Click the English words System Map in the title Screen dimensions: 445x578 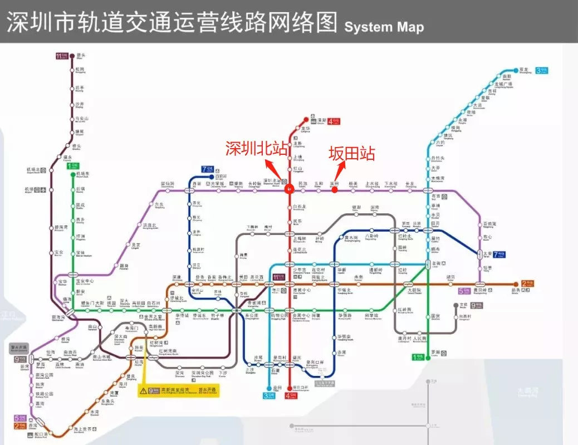click(x=384, y=27)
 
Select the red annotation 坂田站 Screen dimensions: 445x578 click(x=351, y=154)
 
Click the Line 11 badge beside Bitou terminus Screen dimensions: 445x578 click(x=61, y=56)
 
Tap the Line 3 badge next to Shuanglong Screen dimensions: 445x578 click(x=541, y=71)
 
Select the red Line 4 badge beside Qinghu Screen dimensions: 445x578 click(x=334, y=121)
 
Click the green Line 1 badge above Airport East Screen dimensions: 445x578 click(x=73, y=165)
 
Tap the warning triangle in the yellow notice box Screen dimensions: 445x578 click(x=143, y=390)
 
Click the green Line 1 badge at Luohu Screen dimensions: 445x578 click(x=417, y=356)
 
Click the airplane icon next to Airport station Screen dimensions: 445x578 click(x=36, y=190)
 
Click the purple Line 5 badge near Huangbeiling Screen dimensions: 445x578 click(x=464, y=291)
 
